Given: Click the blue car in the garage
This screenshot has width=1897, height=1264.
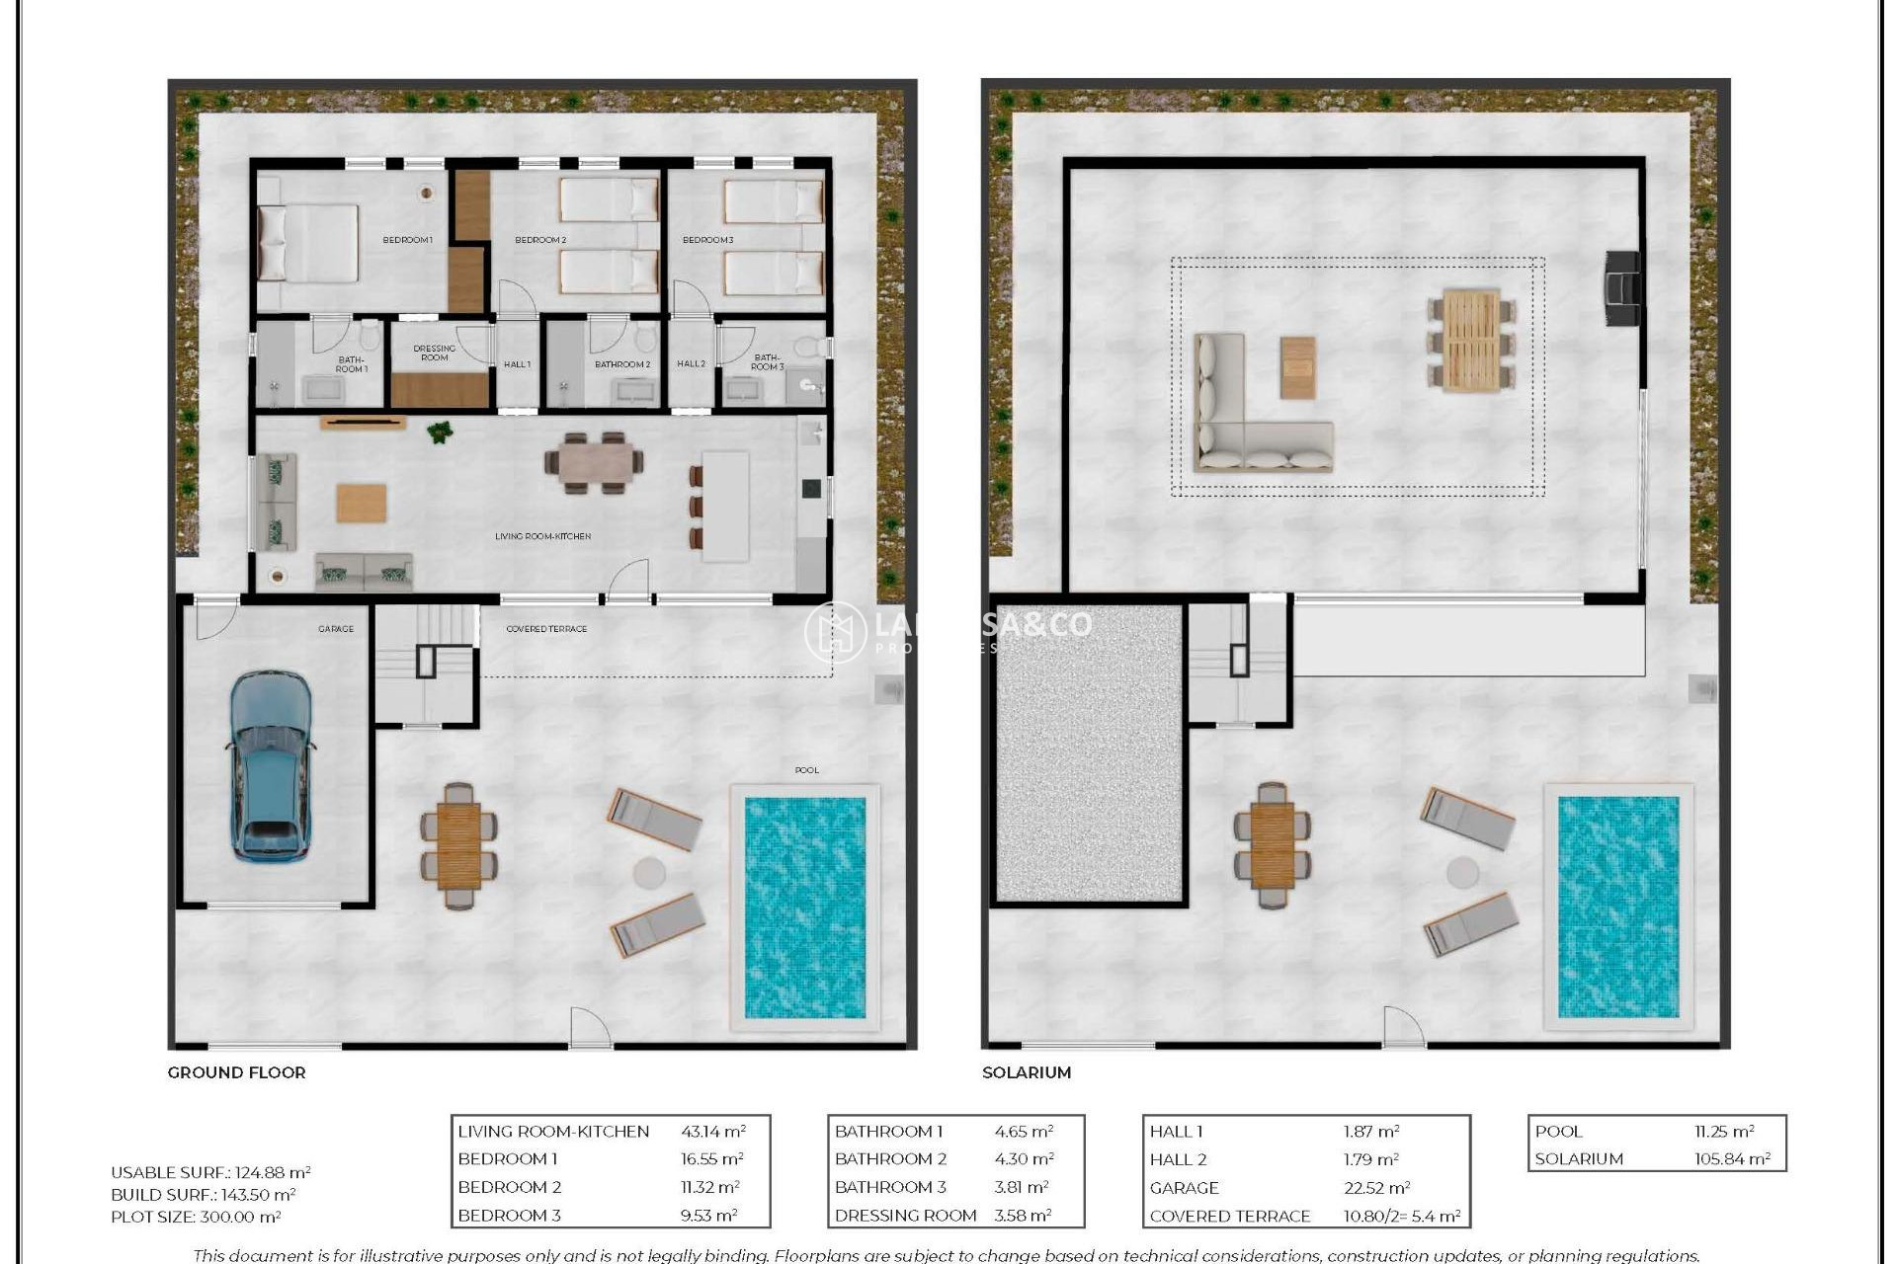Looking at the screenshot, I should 271,765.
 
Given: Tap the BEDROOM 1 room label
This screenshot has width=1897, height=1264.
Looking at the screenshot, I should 408,240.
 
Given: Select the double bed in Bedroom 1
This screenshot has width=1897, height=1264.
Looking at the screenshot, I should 308,243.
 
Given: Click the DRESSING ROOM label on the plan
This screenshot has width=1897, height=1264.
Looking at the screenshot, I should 435,353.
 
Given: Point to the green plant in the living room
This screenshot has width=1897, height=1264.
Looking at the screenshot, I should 441,432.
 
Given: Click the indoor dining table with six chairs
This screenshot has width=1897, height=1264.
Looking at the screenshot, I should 595,462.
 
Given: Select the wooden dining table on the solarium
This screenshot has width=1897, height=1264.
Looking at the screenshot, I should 1471,341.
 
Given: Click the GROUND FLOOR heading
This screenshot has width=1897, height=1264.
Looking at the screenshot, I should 237,1072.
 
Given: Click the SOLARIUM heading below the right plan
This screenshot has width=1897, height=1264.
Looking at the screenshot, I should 1027,1072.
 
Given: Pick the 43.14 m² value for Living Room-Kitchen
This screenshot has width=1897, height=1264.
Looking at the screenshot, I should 712,1132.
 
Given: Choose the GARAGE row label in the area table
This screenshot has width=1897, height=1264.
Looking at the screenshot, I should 1185,1188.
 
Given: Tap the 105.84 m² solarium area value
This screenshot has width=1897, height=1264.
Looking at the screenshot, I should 1732,1159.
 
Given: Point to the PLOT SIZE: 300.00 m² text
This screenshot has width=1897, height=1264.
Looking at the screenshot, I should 196,1218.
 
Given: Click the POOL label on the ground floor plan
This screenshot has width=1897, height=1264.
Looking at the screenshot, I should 807,770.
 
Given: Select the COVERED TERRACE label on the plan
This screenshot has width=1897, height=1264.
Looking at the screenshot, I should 546,629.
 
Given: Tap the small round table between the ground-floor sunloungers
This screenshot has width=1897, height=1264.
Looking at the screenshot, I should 649,873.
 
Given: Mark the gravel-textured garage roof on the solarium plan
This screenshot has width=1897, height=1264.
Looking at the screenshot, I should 1089,753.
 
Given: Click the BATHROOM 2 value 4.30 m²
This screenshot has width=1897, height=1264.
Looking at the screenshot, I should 1024,1159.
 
